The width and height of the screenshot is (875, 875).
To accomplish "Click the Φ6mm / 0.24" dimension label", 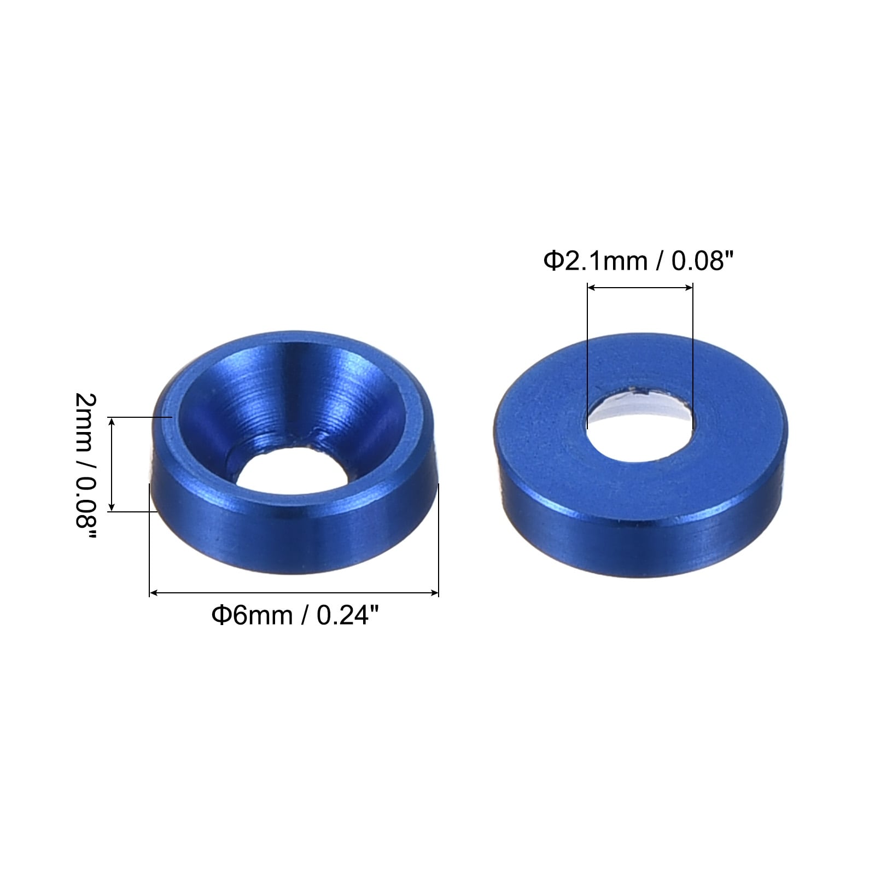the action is click(x=295, y=616).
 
